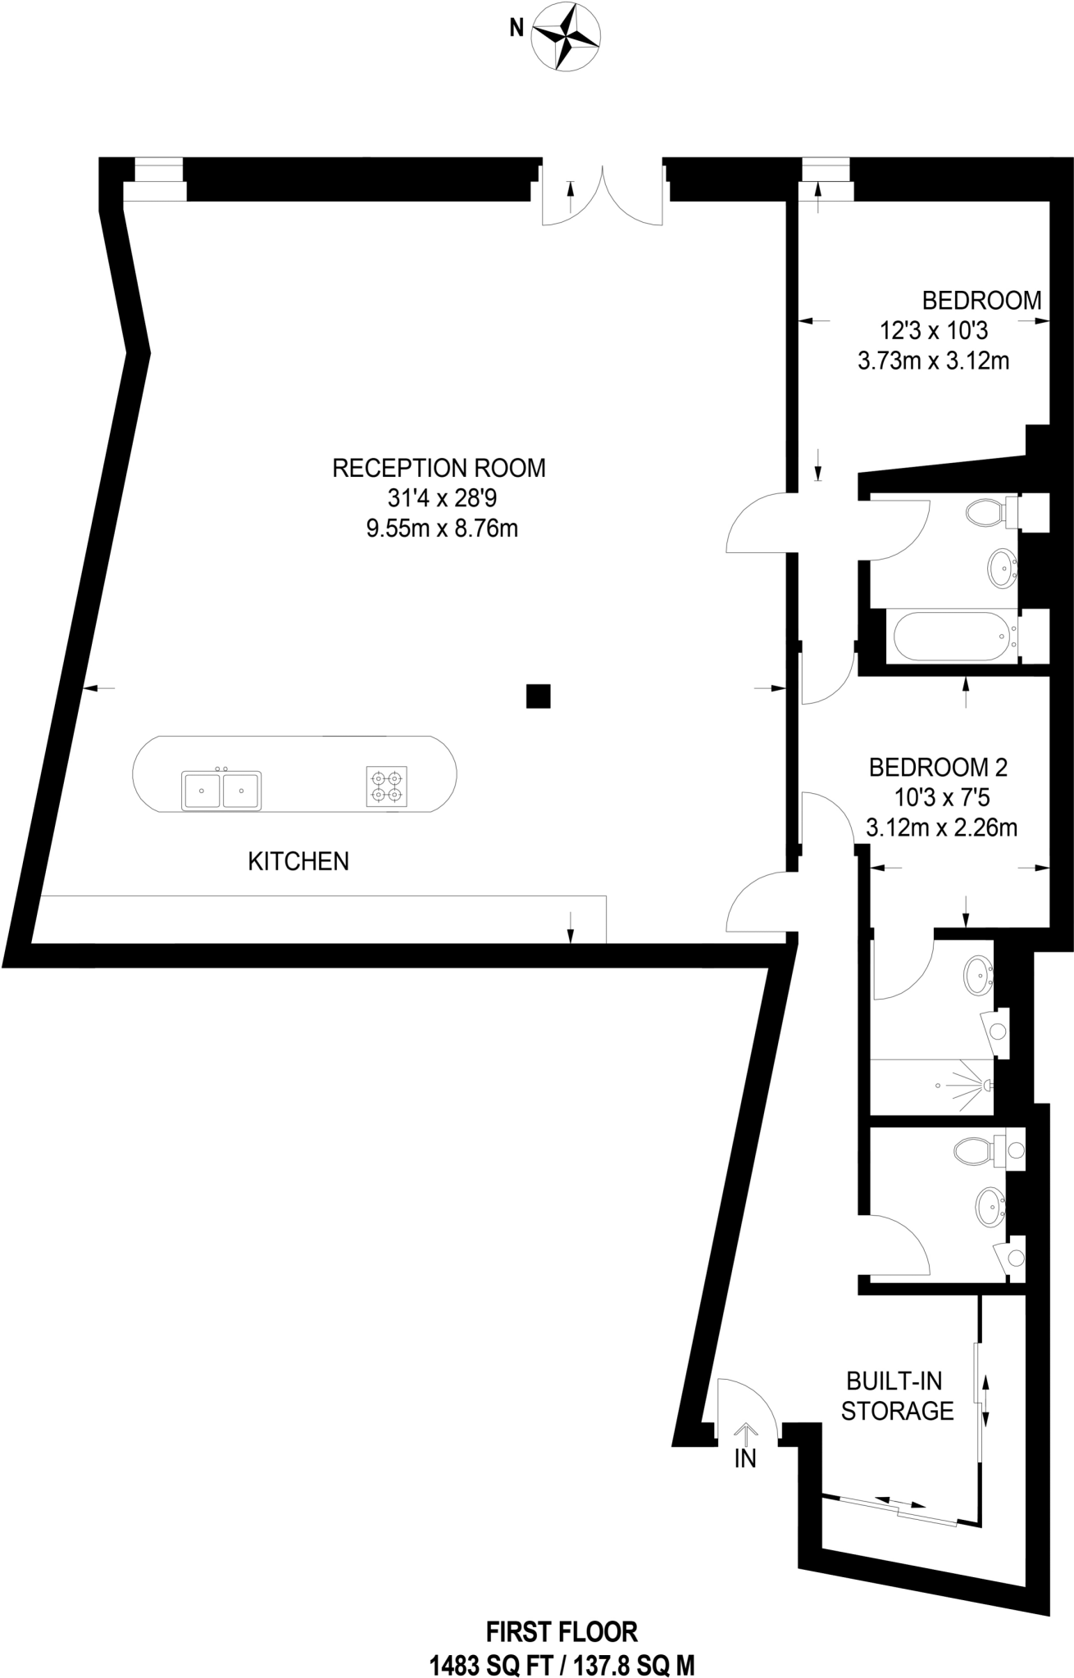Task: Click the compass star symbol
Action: click(567, 37)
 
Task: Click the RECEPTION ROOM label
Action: click(439, 468)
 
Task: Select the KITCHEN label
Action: click(298, 861)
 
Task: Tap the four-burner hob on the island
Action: click(386, 786)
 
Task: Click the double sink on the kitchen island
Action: click(221, 790)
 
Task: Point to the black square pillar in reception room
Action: click(538, 696)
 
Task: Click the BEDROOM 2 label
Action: click(938, 768)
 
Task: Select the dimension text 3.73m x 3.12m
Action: click(933, 361)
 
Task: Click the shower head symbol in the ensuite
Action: click(984, 1086)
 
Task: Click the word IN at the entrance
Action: click(745, 1458)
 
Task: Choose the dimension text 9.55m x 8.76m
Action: click(442, 528)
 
